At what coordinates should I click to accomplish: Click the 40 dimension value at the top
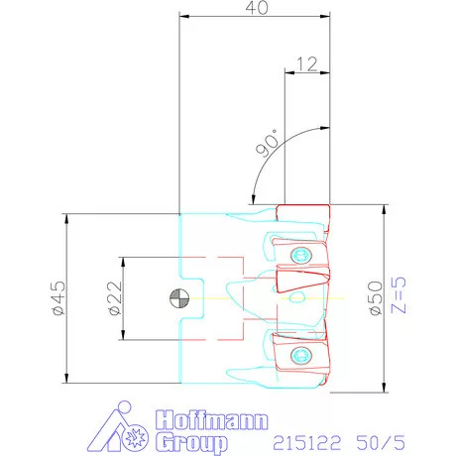coord(257,8)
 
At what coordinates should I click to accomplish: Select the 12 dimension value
coord(307,64)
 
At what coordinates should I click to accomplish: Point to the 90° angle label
coord(268,143)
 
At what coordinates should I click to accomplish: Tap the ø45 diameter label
coord(59,298)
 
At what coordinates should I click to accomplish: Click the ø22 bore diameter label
coord(116,298)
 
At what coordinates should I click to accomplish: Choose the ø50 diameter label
coord(376,298)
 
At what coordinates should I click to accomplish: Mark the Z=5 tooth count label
coord(399,295)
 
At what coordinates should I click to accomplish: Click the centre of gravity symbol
coord(179,298)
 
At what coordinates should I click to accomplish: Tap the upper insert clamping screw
coord(300,255)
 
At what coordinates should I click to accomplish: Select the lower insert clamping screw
coord(300,356)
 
